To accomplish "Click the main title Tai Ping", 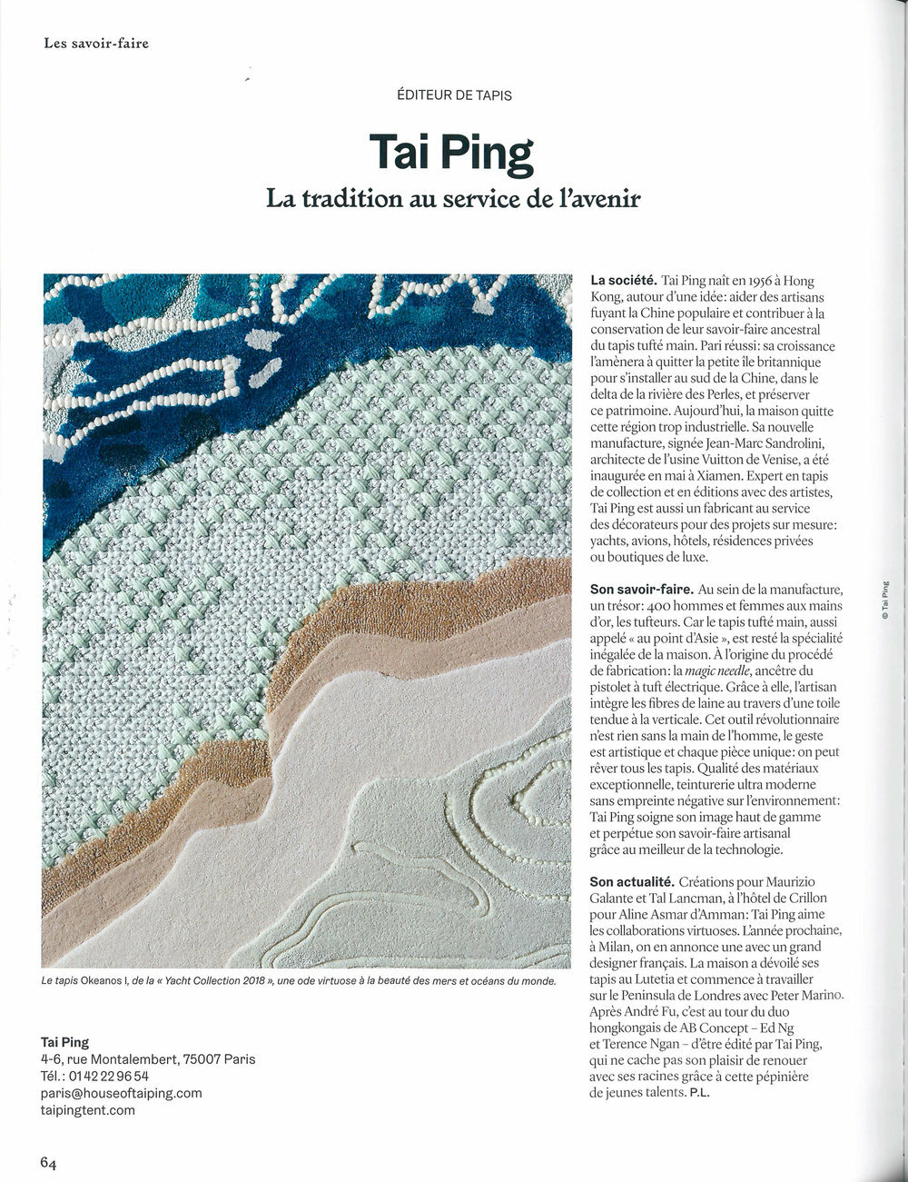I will [x=451, y=155].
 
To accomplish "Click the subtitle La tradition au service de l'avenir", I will [x=452, y=198].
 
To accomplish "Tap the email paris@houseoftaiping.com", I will [x=122, y=1093].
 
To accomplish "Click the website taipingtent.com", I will [x=88, y=1109].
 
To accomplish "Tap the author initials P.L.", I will [x=699, y=1093].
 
